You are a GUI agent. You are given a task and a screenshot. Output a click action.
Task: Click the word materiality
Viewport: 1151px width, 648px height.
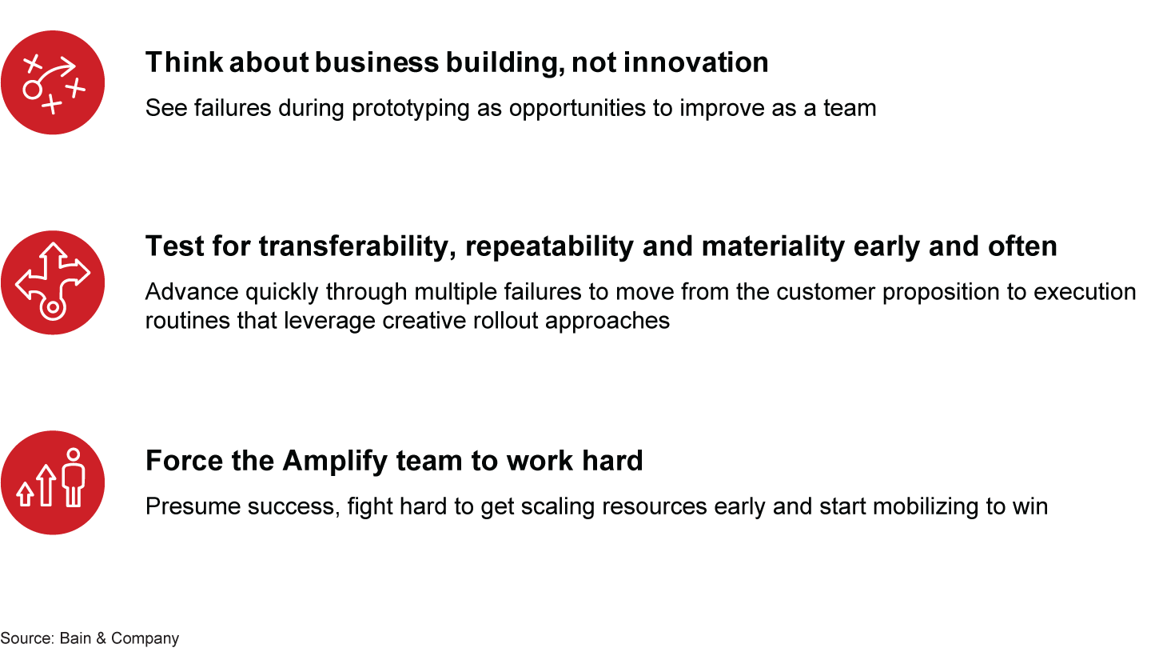771,246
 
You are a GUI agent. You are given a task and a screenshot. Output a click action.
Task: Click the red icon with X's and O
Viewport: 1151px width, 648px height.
53,82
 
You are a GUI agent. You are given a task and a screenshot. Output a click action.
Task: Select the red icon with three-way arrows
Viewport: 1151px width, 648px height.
53,282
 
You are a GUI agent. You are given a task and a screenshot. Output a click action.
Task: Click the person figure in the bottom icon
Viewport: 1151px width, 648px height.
74,477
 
